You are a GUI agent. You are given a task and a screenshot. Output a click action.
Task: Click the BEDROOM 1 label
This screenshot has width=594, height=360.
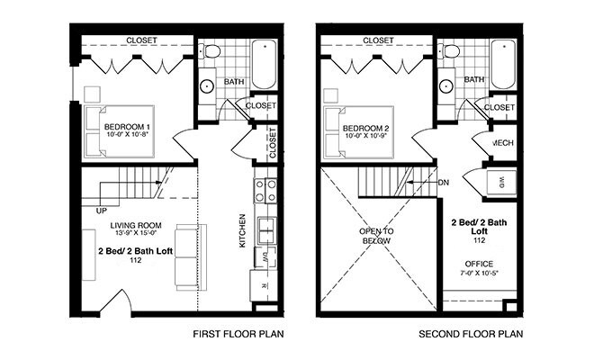[124, 127]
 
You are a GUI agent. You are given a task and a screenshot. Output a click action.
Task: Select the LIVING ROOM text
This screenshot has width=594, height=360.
[136, 226]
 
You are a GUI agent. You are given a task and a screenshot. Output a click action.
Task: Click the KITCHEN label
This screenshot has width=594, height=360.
[242, 230]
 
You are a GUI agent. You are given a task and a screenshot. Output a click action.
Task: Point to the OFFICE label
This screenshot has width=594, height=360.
[479, 264]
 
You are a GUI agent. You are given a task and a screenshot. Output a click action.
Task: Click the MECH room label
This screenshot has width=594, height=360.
[503, 143]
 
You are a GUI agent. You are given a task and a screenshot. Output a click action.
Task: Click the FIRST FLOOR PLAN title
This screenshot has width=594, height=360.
[238, 334]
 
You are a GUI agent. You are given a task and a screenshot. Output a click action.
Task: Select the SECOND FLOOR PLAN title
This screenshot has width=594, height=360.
[471, 334]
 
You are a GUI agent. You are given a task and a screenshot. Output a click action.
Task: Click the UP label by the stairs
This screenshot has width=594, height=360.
[102, 211]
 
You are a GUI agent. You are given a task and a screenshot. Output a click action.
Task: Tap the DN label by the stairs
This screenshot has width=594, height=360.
[444, 183]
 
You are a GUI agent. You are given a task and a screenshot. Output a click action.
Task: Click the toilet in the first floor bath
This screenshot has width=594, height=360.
[210, 50]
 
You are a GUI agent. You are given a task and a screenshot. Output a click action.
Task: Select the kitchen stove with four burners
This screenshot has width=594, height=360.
[265, 191]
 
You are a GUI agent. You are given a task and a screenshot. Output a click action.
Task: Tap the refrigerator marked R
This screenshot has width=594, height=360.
[264, 285]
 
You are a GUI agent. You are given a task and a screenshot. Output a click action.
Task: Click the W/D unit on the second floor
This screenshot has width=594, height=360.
[501, 184]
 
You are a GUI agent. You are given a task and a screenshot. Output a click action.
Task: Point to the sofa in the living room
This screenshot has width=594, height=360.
[191, 257]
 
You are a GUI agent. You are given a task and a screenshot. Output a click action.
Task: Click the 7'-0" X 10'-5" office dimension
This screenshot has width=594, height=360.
[479, 273]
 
